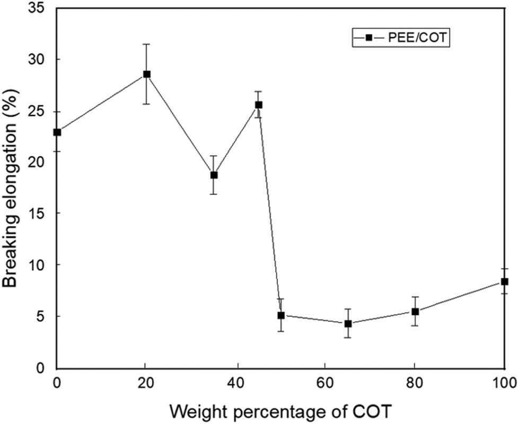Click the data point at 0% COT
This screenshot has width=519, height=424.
pyautogui.click(x=57, y=132)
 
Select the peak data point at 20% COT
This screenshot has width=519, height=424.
pyautogui.click(x=147, y=74)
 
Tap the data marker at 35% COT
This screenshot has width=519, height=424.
pyautogui.click(x=214, y=175)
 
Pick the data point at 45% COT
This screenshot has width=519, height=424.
pyautogui.click(x=259, y=105)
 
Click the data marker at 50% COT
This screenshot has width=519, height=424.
pyautogui.click(x=281, y=315)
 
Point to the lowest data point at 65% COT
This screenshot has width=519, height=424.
pyautogui.click(x=348, y=323)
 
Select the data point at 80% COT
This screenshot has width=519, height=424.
pyautogui.click(x=415, y=312)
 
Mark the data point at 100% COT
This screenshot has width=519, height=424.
pyautogui.click(x=504, y=281)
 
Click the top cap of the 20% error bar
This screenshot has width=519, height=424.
pyautogui.click(x=147, y=44)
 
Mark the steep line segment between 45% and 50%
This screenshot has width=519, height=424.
pyautogui.click(x=270, y=212)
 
